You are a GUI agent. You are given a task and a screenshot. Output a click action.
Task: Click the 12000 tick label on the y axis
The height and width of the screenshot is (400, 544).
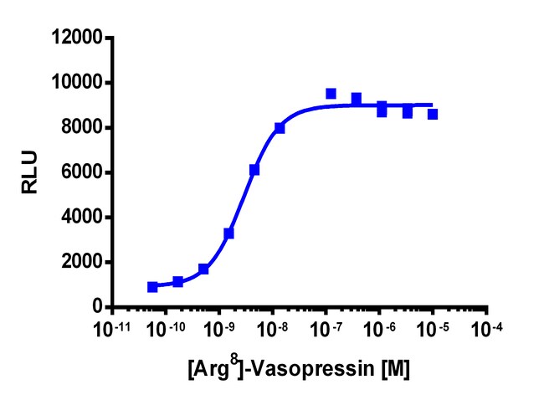tap(75, 38)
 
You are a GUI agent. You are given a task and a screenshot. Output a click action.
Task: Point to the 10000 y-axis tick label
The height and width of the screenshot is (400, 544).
tap(75, 83)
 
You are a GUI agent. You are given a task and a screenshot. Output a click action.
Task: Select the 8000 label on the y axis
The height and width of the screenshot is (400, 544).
tap(80, 128)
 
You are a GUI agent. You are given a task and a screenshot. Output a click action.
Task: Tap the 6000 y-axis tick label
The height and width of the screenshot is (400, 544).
tap(80, 173)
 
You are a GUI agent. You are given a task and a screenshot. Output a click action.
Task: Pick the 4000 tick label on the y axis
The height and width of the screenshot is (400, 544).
tap(80, 218)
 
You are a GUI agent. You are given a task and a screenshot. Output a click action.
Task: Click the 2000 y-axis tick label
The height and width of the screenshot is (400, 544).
tap(80, 263)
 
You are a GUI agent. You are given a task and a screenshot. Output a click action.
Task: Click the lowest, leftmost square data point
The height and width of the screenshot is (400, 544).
tap(152, 287)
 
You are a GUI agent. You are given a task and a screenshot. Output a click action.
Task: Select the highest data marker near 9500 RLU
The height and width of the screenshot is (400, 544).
tap(331, 94)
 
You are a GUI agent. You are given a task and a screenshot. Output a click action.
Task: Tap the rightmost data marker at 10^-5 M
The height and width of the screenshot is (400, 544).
tap(433, 114)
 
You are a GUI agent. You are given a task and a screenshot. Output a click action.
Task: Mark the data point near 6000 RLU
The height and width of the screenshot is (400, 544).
tap(254, 170)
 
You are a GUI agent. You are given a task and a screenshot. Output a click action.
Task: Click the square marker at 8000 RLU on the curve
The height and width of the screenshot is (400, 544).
tap(280, 128)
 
